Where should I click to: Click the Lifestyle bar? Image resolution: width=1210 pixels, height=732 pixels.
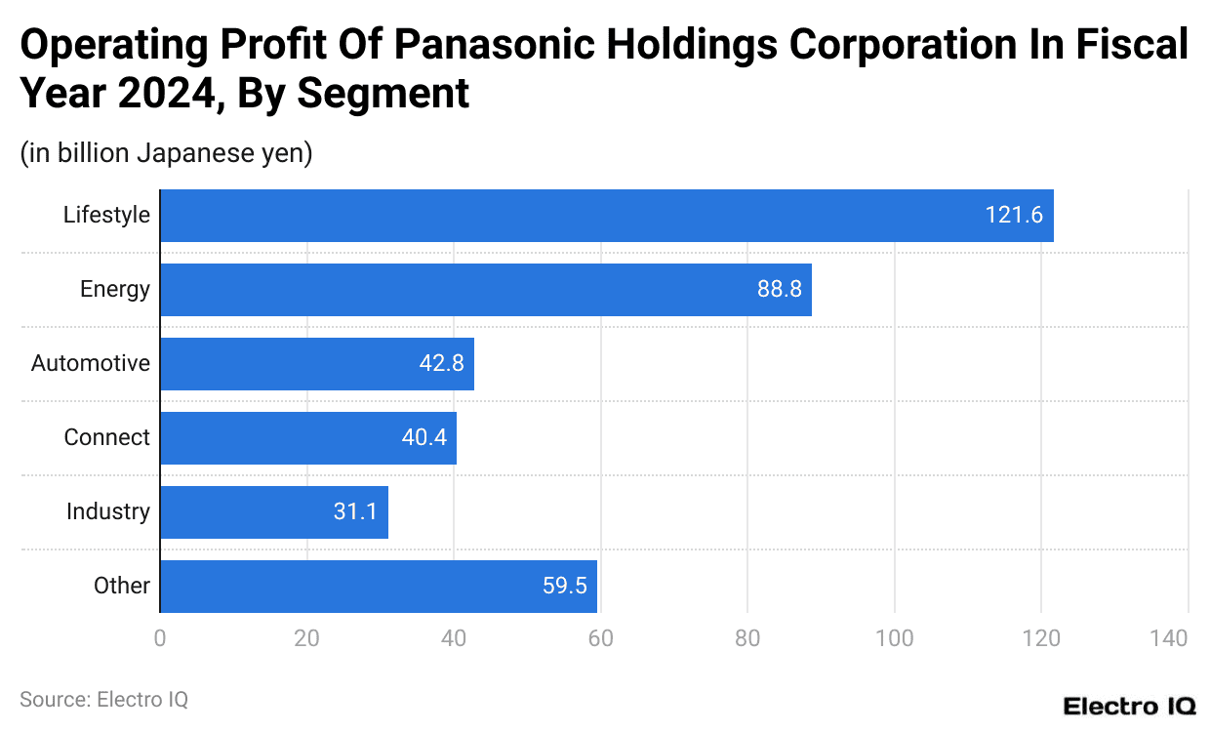tap(606, 216)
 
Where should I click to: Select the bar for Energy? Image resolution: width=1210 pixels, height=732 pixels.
tap(485, 290)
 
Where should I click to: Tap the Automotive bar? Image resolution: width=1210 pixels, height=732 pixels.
tap(316, 364)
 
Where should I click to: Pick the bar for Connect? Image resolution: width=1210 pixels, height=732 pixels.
tap(307, 438)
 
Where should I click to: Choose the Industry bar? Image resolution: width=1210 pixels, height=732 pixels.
tap(273, 512)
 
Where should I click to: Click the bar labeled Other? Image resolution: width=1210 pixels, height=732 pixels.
tap(378, 587)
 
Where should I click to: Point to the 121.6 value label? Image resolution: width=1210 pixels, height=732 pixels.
tap(1014, 216)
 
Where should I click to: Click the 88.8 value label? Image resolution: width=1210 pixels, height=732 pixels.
tap(780, 290)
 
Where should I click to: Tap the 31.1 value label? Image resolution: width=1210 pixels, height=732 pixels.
tap(355, 512)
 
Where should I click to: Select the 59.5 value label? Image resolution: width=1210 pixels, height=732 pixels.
tap(565, 587)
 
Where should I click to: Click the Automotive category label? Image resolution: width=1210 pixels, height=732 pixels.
tap(91, 364)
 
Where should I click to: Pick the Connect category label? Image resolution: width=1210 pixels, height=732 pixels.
tap(107, 438)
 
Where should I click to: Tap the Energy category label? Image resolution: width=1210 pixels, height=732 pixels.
tap(115, 290)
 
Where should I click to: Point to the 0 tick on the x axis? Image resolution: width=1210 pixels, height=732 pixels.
tap(160, 639)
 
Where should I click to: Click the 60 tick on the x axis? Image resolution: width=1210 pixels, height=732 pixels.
tap(600, 639)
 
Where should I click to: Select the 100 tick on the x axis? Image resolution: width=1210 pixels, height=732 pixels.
tap(894, 639)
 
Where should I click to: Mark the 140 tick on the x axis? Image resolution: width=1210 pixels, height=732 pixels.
tap(1168, 639)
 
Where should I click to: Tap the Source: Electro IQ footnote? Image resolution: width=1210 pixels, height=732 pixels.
tap(103, 700)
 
